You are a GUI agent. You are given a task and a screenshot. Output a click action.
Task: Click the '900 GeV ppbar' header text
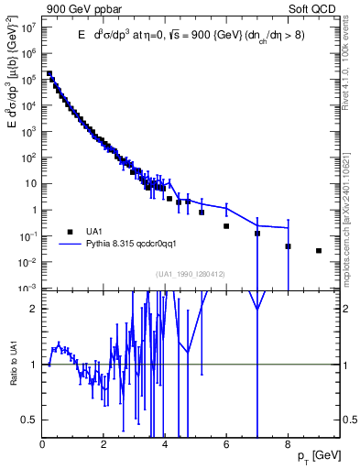click(x=78, y=9)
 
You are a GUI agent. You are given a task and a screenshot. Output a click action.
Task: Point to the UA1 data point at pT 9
click(x=318, y=250)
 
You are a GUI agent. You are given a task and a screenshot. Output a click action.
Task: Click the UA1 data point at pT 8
click(x=288, y=246)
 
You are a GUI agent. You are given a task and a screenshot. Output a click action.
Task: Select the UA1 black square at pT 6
click(x=226, y=226)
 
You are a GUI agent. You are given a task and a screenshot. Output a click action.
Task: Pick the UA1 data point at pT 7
click(x=257, y=234)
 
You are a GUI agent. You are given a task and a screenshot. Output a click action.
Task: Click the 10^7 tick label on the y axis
click(x=29, y=27)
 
